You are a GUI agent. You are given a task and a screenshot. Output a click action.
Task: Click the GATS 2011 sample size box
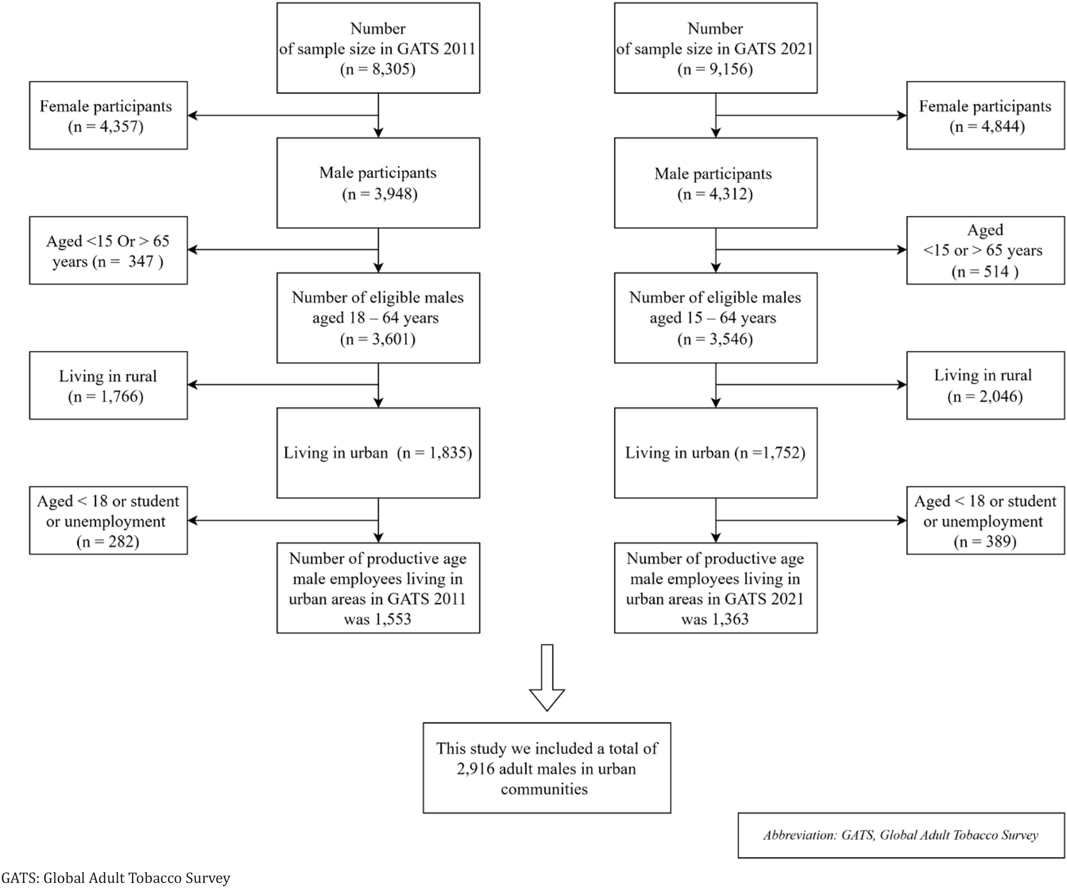[378, 48]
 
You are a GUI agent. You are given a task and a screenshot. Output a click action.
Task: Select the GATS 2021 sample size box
[715, 48]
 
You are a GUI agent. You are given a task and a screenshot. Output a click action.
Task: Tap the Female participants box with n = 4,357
[108, 115]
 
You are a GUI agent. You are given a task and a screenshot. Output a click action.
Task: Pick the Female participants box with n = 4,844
[985, 115]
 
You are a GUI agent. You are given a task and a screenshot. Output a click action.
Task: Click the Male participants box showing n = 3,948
[378, 183]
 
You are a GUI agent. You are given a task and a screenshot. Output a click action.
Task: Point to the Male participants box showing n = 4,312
[715, 183]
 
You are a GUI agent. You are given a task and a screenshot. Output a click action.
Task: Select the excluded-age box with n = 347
[108, 250]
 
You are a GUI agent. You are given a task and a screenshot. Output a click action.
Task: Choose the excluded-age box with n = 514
[985, 250]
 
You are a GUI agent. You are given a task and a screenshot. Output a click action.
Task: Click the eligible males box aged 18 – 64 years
[378, 318]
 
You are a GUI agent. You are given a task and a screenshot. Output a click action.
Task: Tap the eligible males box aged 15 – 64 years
[715, 318]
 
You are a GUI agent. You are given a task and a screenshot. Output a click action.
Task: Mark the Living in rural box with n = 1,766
[108, 385]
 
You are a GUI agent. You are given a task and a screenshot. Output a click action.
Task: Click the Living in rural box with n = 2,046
[985, 385]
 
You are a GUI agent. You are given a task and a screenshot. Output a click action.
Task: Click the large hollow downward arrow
[547, 678]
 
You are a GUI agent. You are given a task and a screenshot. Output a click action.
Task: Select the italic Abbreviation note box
[901, 836]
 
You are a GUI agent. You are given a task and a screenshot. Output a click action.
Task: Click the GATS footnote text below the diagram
[116, 878]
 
